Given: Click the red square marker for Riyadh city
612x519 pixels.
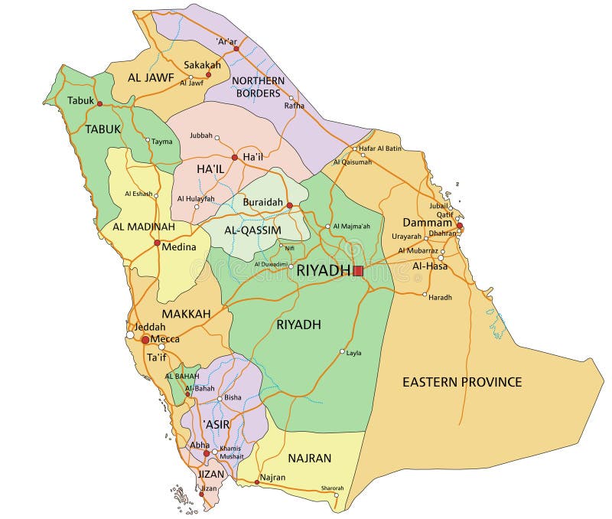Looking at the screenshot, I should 358,270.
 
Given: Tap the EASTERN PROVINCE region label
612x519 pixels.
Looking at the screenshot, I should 462,382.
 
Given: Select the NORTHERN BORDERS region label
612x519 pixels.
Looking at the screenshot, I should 258,86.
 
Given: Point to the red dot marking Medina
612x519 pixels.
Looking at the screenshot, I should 157,243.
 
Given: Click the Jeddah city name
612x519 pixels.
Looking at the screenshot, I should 150,326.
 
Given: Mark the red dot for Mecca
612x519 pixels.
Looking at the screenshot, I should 145,339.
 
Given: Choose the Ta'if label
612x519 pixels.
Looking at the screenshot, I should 156,357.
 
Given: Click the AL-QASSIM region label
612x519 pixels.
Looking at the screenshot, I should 252,230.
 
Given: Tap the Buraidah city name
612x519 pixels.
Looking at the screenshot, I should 262,203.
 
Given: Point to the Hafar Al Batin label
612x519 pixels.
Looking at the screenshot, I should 380,148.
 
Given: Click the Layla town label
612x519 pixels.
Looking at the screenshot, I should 353,353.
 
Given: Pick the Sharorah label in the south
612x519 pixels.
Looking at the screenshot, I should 332,488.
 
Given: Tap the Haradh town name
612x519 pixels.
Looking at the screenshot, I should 440,297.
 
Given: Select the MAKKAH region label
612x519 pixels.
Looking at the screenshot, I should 186,314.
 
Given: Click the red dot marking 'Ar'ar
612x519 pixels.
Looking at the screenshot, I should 236,48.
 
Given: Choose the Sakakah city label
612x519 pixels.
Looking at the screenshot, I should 202,65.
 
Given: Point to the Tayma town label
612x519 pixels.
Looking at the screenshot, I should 161,142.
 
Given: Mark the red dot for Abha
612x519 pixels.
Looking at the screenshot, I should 206,453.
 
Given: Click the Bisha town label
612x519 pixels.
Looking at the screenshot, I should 233,398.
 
